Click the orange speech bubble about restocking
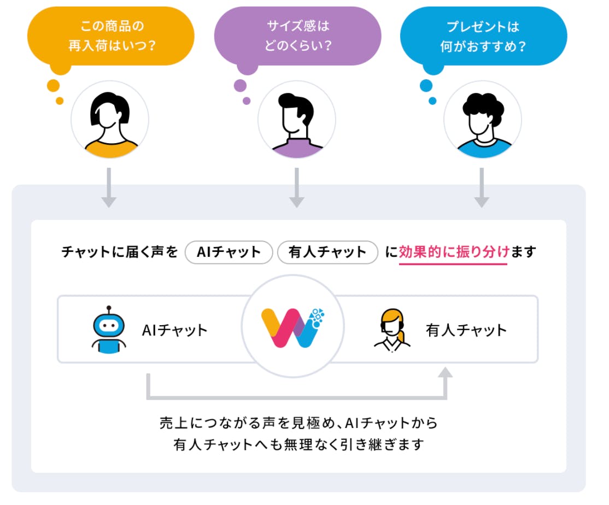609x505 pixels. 110,36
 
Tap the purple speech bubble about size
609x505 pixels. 297,36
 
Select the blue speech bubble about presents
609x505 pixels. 484,36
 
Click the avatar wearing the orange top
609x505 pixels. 110,120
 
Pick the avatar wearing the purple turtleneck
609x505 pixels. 297,120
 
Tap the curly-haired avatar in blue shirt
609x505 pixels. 483,120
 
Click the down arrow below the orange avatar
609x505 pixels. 109,187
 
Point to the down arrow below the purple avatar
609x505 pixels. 297,187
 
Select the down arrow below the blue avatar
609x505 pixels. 482,187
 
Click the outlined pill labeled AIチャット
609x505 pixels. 229,252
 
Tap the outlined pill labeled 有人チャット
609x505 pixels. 327,252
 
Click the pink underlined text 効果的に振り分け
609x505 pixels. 454,252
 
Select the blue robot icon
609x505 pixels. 109,330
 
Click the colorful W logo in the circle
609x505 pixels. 293,327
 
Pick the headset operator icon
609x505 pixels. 393,330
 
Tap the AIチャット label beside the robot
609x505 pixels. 175,330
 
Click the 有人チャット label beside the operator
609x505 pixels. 466,330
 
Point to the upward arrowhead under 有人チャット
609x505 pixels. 445,373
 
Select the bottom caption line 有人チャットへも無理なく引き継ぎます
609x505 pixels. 298,444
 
